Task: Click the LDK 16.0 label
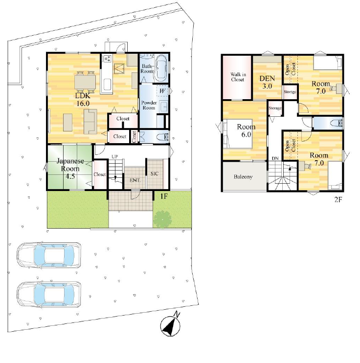[x=83, y=100]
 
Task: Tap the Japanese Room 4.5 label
[x=70, y=169]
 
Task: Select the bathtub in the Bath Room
[x=161, y=67]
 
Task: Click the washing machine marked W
[x=162, y=91]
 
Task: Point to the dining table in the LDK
[x=85, y=82]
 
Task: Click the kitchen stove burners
[x=107, y=59]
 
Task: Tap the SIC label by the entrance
[x=155, y=173]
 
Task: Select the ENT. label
[x=135, y=180]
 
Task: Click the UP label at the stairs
[x=114, y=157]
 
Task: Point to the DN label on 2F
[x=275, y=159]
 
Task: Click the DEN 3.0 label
[x=267, y=82]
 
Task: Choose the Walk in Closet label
[x=238, y=77]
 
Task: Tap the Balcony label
[x=243, y=177]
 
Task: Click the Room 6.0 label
[x=246, y=130]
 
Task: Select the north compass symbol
[x=171, y=325]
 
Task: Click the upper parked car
[x=49, y=255]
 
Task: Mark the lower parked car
[x=49, y=295]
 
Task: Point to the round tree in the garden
[x=162, y=219]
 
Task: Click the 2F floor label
[x=338, y=199]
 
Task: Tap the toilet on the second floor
[x=337, y=123]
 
